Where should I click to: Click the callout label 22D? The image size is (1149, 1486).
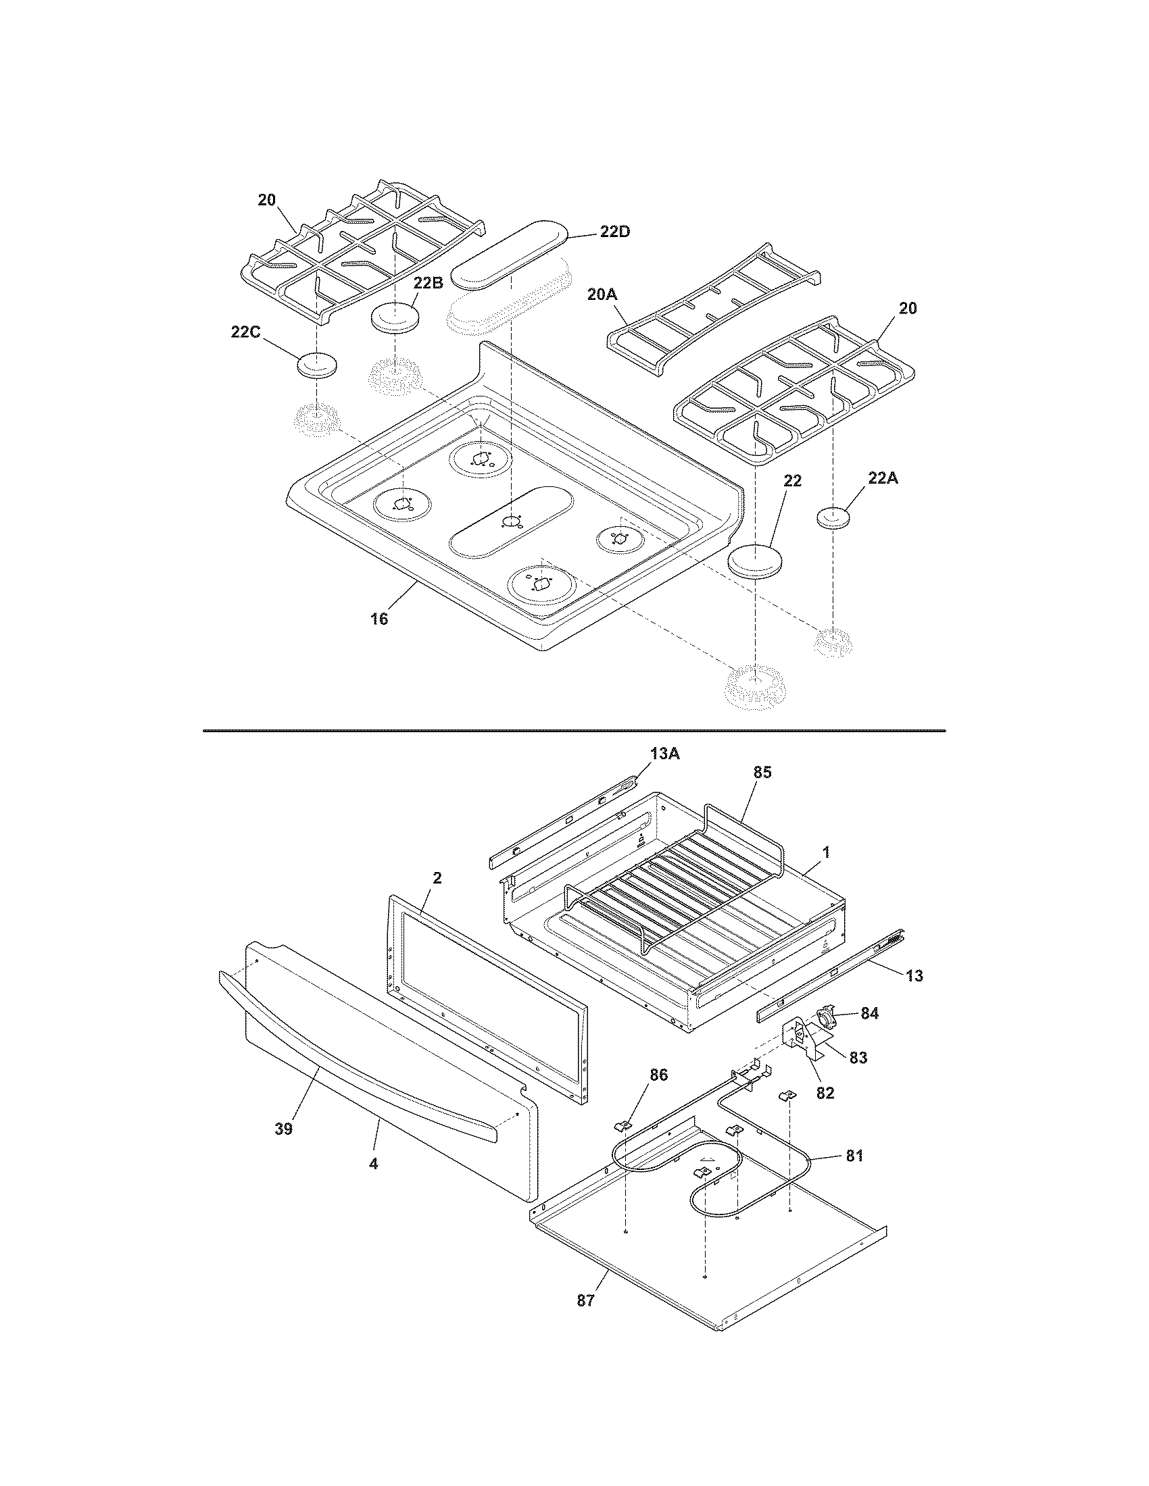coord(614,231)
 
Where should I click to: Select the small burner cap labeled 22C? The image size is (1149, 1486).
coord(317,365)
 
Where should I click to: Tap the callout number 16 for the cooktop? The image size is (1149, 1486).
coord(379,619)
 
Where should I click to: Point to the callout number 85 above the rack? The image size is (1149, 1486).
coord(762,773)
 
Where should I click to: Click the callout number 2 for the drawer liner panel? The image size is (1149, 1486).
coord(437,878)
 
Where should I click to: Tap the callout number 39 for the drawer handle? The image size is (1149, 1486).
coord(283,1128)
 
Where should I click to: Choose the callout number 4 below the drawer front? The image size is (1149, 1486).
coord(373,1164)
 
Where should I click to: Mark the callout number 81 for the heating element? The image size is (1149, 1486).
coord(854,1154)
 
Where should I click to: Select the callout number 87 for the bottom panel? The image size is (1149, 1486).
coord(585,1300)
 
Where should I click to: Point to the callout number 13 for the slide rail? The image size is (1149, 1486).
coord(914,977)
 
